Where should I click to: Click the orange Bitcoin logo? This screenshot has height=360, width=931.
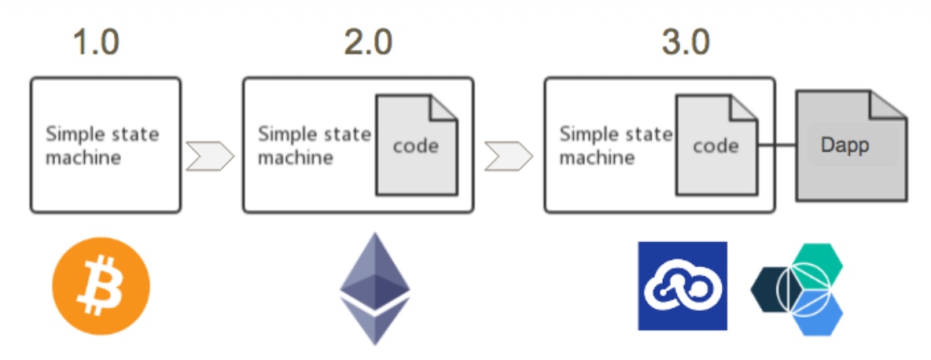(x=101, y=286)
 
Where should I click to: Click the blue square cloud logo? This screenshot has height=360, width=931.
(x=682, y=285)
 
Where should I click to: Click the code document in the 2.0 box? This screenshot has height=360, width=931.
(x=416, y=146)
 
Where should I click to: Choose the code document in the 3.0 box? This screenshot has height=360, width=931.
(x=715, y=146)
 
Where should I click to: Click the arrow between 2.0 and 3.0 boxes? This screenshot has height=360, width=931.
(x=508, y=156)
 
